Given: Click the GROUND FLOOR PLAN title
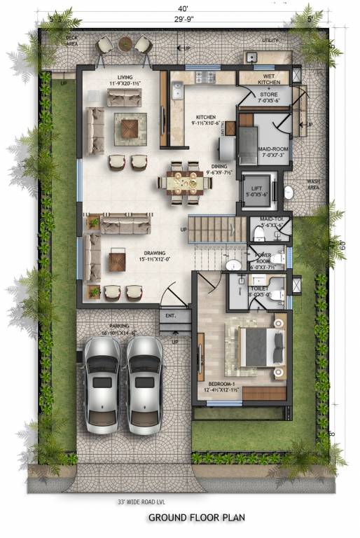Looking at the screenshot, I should pyautogui.click(x=197, y=518).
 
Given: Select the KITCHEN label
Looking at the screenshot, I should pyautogui.click(x=205, y=118).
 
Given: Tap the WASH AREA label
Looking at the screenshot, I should pyautogui.click(x=314, y=185).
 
